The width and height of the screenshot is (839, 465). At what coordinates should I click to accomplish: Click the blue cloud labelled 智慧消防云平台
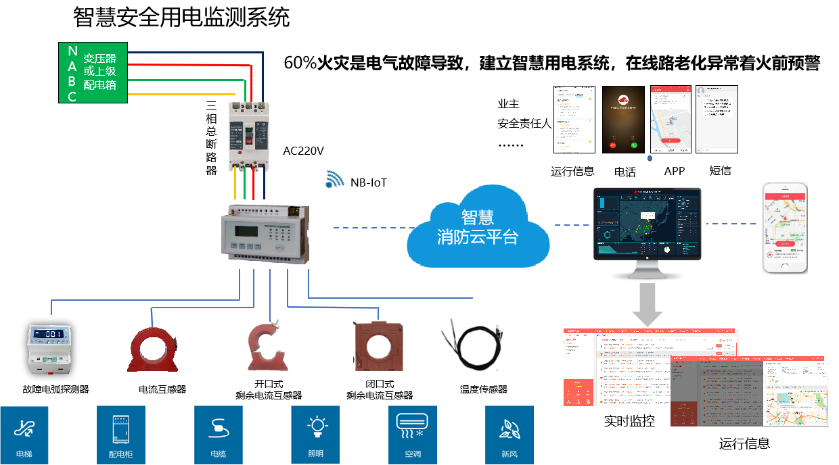478,227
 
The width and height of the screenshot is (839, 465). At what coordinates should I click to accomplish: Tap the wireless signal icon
334,178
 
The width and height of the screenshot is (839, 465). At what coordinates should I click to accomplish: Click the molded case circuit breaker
249,135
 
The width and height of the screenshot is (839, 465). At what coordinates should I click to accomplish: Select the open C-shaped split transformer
268,347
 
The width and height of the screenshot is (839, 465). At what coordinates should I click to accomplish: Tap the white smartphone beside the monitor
786,228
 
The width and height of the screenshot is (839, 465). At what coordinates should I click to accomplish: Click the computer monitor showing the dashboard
648,226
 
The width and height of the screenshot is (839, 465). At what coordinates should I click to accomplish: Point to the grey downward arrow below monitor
648,304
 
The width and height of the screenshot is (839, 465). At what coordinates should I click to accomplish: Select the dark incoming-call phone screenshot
622,119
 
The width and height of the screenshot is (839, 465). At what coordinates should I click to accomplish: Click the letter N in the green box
72,51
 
